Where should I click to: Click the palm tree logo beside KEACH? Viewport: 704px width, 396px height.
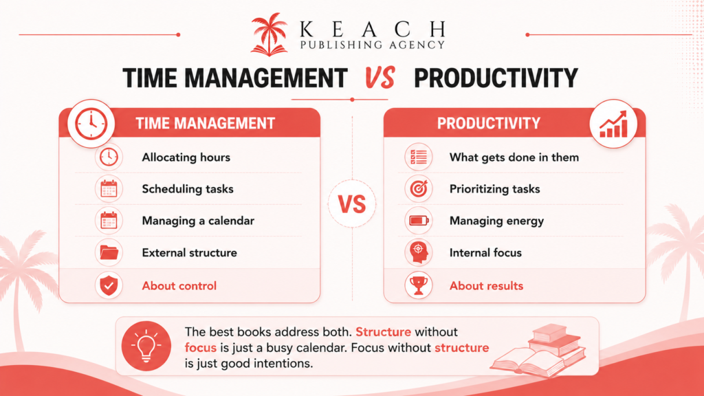tap(269, 34)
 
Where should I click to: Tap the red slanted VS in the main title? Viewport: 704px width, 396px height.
tap(379, 77)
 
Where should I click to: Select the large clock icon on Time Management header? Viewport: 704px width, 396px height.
tap(91, 124)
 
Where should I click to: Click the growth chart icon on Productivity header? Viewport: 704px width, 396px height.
tap(613, 124)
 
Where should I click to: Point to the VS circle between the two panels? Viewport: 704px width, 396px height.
tap(352, 203)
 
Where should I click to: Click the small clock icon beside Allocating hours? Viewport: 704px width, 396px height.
tap(109, 157)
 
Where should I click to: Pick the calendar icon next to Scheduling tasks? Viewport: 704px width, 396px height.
tap(109, 189)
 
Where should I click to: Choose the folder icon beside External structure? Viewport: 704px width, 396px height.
tap(109, 253)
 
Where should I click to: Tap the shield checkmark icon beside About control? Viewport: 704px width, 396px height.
tap(109, 285)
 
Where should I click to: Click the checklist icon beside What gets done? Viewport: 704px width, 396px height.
tap(419, 157)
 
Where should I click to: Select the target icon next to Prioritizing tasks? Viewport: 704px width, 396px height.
tap(419, 189)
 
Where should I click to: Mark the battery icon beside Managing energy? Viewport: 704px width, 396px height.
tap(419, 221)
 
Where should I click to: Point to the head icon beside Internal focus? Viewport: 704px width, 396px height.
tap(419, 253)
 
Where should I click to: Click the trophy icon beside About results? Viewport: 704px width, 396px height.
tap(419, 285)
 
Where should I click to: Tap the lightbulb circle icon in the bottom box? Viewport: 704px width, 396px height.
tap(146, 346)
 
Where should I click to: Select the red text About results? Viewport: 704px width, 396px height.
tap(486, 286)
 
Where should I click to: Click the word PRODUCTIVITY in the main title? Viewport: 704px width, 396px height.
tap(496, 78)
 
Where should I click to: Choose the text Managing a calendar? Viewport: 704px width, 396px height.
tap(198, 221)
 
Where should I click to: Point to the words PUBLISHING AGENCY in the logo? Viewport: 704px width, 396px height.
tap(372, 45)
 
